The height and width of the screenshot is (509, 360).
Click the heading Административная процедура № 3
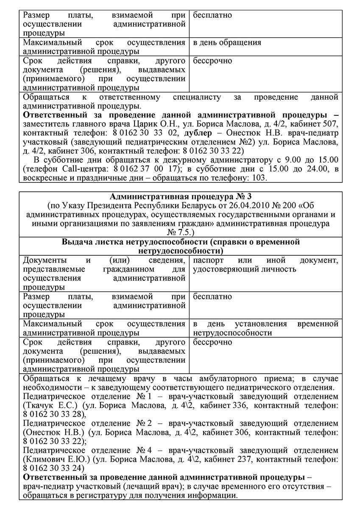click(181, 196)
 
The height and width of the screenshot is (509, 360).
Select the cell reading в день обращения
click(227, 43)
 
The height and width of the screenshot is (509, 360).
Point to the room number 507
click(329, 124)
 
